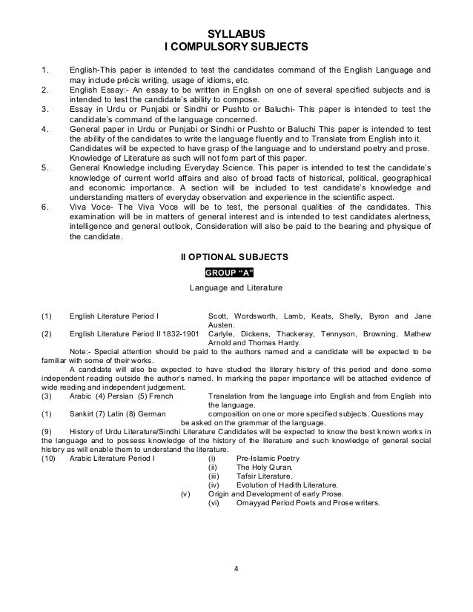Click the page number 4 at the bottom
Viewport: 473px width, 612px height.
[x=236, y=569]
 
